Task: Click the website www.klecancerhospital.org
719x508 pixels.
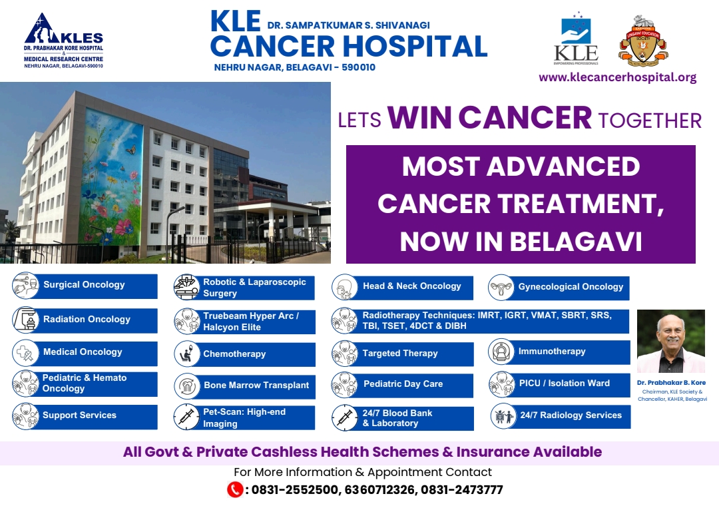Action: click(617, 77)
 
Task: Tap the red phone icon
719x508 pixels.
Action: click(235, 489)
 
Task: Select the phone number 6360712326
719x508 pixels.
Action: click(380, 489)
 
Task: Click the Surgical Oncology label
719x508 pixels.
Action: click(84, 285)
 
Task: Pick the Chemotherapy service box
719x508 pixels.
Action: click(244, 354)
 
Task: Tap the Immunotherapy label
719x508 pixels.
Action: click(552, 351)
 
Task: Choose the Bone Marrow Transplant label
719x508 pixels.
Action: click(256, 385)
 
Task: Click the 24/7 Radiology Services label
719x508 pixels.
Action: click(571, 415)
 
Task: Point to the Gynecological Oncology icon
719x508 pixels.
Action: click(501, 288)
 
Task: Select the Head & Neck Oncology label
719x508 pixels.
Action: click(412, 286)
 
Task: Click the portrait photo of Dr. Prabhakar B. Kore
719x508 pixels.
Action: click(671, 341)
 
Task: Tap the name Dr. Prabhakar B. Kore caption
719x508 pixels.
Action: click(671, 382)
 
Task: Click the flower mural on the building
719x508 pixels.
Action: click(113, 177)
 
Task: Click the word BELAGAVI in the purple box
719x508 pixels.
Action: click(576, 242)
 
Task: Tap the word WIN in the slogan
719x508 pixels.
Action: click(419, 118)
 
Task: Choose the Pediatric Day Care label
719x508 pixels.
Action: click(403, 383)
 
